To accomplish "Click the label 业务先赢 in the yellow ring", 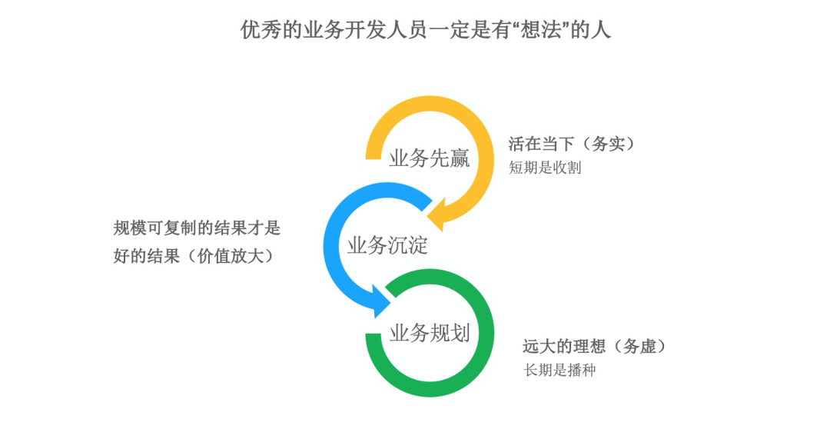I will point(429,159).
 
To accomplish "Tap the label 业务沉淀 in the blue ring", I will point(387,246).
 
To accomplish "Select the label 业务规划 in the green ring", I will point(429,334).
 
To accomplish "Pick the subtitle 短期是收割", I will point(544,168).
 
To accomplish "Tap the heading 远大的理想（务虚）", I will point(594,347).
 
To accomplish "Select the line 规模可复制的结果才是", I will point(198,228).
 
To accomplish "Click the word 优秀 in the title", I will point(257,30).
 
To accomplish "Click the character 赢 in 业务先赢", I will point(460,159).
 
